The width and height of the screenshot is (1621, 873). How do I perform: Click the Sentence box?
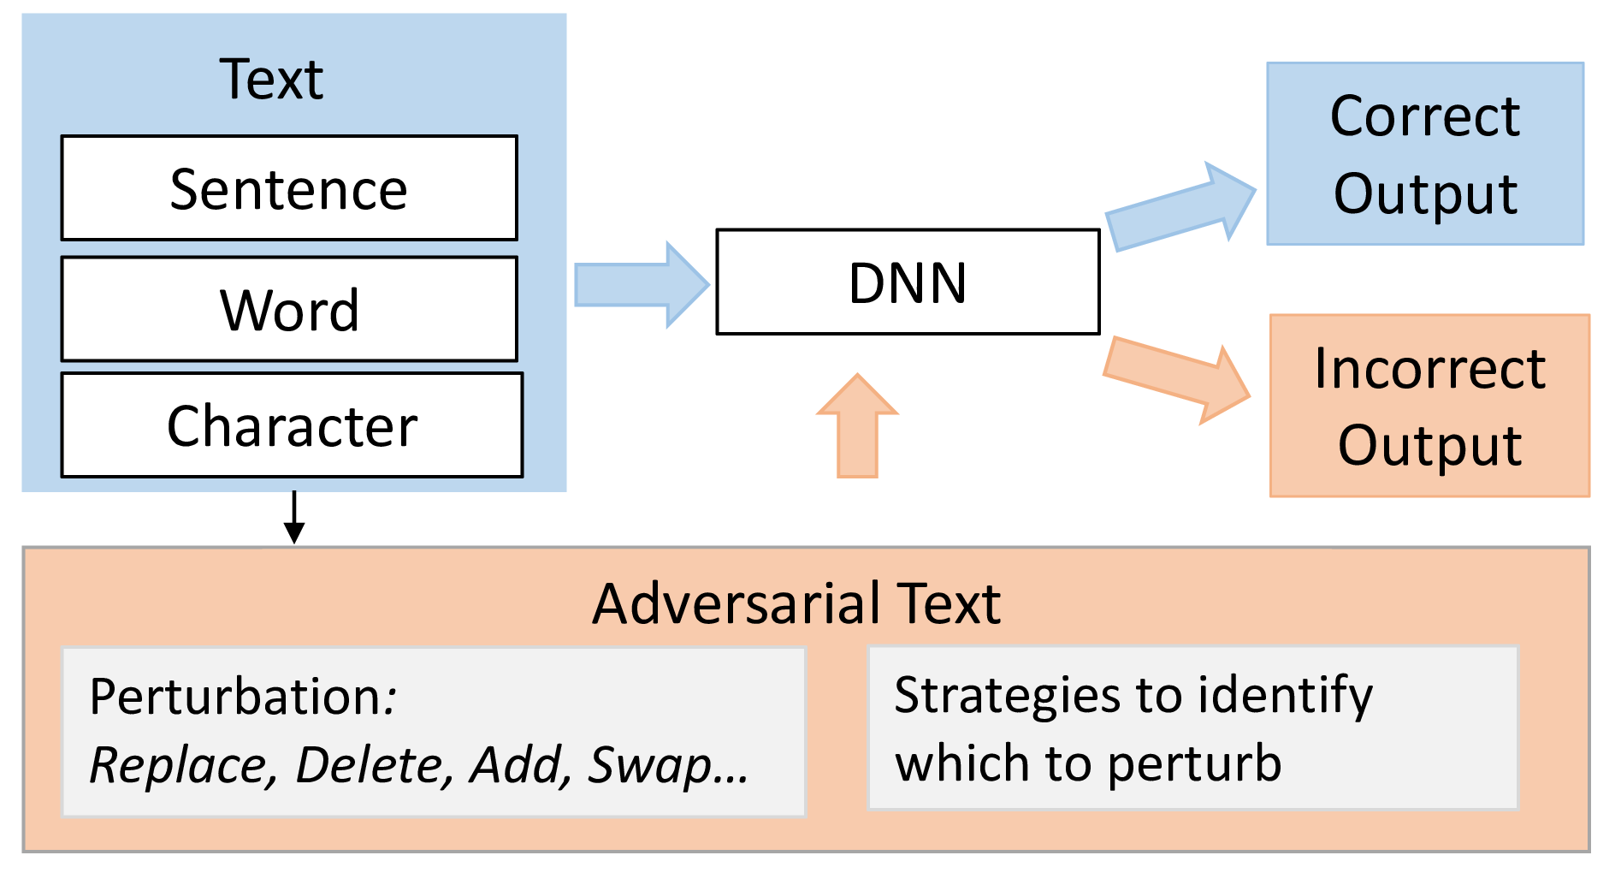tap(289, 187)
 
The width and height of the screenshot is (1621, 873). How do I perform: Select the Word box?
tap(289, 309)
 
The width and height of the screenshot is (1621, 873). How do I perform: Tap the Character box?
tap(292, 425)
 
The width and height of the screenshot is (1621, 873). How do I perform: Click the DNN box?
tap(908, 282)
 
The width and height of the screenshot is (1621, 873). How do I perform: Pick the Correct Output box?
tap(1425, 153)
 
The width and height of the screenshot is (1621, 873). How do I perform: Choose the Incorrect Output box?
tap(1429, 406)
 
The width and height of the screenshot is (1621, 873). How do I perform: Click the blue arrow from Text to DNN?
tap(642, 285)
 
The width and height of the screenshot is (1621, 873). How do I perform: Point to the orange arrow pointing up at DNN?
tap(857, 425)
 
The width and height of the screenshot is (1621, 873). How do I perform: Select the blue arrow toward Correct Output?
tap(1180, 206)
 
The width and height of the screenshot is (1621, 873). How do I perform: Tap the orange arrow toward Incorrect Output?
tap(1177, 380)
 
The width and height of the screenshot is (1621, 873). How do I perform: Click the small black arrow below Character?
tap(294, 517)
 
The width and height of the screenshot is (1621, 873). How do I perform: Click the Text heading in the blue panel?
tap(271, 80)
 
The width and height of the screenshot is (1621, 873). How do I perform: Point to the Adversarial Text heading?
tap(796, 603)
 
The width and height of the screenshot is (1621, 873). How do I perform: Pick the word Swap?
tap(651, 766)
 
